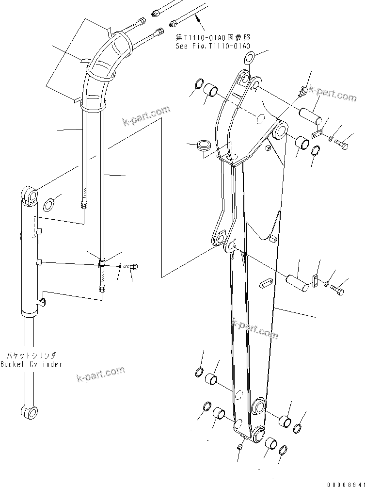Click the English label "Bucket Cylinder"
tap(31, 364)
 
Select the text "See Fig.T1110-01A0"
tap(213, 46)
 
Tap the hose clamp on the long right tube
tap(102, 263)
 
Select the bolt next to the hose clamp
tap(131, 266)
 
